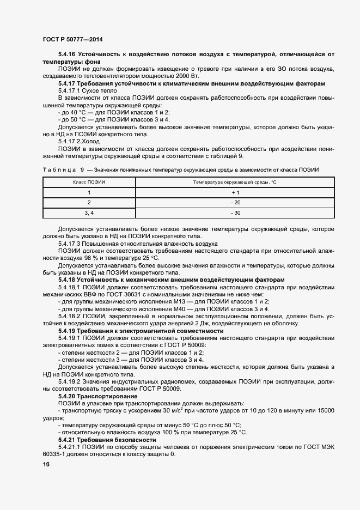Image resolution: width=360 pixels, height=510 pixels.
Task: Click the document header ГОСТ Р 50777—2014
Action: (x=72, y=40)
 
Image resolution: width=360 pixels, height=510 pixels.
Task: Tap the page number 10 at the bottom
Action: (x=46, y=464)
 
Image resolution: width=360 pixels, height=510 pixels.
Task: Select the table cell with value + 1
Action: (x=235, y=192)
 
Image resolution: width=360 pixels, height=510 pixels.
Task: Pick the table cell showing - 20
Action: (x=235, y=202)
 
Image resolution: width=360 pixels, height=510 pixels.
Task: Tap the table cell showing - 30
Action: (x=235, y=212)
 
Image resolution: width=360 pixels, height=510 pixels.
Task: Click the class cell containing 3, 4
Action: (x=89, y=212)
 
